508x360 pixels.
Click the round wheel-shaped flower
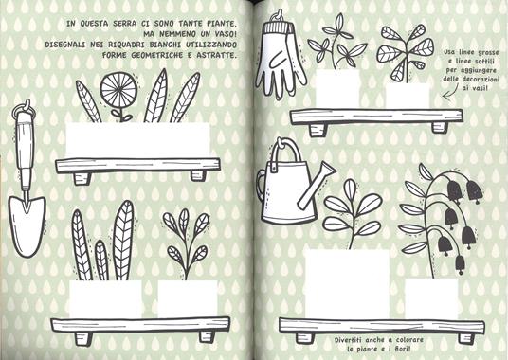tap(118, 87)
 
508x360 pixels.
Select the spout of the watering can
tap(316, 186)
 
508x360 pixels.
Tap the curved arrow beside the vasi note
tap(451, 91)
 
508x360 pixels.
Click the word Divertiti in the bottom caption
tap(348, 340)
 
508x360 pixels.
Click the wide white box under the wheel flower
tap(138, 140)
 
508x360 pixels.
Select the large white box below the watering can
tap(347, 283)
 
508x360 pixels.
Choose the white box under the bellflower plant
tap(431, 297)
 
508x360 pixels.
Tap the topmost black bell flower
tap(455, 188)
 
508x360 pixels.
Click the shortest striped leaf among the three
tap(101, 261)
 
